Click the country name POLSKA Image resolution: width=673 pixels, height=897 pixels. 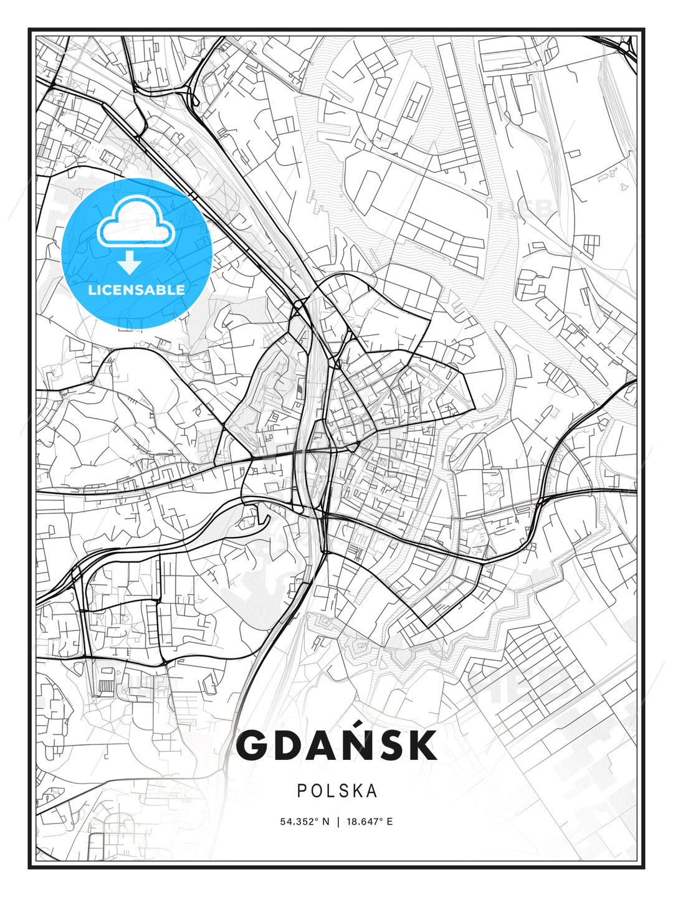click(336, 791)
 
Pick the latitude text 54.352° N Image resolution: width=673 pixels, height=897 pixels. click(304, 822)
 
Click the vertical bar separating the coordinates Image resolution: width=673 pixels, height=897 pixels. click(337, 822)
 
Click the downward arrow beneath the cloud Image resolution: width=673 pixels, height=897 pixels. click(130, 263)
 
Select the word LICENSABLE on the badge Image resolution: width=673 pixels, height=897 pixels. click(136, 290)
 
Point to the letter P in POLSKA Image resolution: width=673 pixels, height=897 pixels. click(302, 791)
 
